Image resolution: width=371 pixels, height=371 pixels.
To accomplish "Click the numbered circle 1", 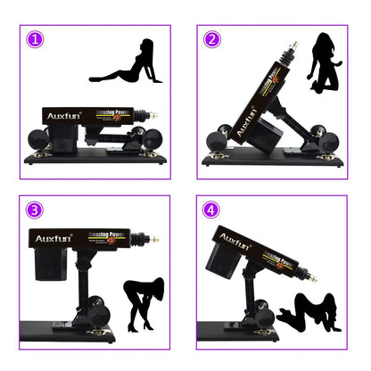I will (x=35, y=40).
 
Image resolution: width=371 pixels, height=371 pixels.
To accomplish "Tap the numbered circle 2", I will (x=212, y=39).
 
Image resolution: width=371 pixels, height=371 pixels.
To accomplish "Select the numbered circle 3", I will (x=35, y=210).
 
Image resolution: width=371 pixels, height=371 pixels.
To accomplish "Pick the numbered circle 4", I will (x=212, y=210).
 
